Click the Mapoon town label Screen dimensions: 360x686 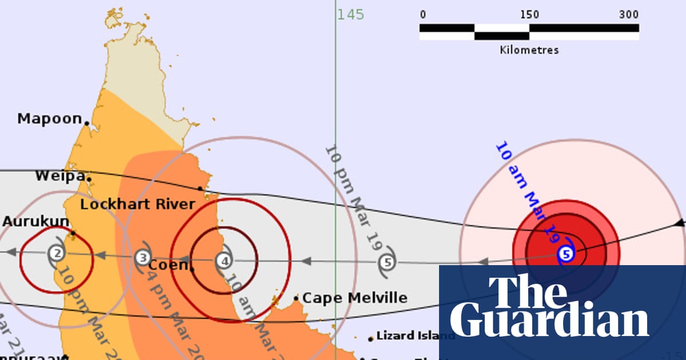tap(50, 118)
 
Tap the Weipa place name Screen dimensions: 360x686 tap(59, 175)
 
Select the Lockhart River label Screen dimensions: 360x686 tap(137, 204)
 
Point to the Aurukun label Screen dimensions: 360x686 tap(35, 221)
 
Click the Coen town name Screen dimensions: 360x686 tap(167, 265)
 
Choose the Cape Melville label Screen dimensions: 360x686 tap(354, 298)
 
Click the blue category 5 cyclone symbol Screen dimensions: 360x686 tap(565, 254)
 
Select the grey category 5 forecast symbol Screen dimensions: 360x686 tap(388, 262)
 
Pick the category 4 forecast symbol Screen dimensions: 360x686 tap(225, 261)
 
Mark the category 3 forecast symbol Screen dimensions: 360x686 tap(143, 257)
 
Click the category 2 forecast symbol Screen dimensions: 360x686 tap(56, 253)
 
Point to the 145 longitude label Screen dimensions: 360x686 tap(350, 14)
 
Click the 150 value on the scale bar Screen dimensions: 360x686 tap(529, 14)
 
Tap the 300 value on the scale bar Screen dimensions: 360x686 tap(628, 14)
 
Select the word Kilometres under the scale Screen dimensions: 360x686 tap(529, 50)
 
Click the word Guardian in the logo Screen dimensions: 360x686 tap(549, 321)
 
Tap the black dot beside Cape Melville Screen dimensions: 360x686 tap(296, 298)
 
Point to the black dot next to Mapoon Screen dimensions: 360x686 tap(87, 122)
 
